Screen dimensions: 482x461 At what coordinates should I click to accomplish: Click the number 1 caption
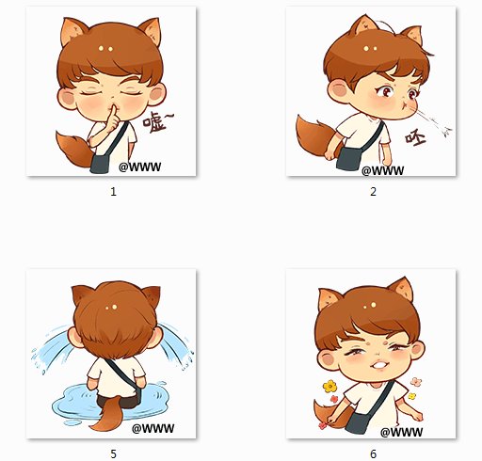(113, 191)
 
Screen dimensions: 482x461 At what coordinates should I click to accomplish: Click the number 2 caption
(373, 191)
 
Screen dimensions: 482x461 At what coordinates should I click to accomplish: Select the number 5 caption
(113, 453)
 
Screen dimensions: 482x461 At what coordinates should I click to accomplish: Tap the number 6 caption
(373, 453)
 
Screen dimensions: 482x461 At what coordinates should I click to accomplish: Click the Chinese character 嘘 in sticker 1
(153, 121)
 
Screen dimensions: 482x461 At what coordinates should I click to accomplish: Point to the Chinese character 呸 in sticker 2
(415, 139)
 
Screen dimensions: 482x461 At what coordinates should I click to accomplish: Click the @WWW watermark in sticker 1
(140, 167)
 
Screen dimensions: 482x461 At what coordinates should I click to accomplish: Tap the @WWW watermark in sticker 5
(153, 428)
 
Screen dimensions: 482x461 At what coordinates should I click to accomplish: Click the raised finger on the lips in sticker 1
(114, 116)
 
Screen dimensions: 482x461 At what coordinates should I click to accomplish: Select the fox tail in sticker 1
(73, 149)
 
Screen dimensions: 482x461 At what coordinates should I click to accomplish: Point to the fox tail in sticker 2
(315, 135)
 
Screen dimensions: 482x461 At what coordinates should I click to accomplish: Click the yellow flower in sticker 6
(329, 387)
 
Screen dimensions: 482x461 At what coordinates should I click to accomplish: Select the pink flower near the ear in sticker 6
(416, 382)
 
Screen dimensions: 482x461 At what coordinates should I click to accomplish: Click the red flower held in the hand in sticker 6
(323, 425)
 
